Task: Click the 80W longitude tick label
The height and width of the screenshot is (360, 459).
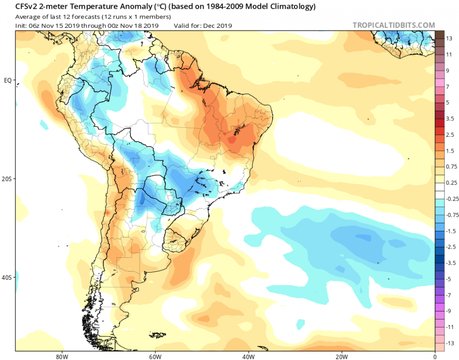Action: pos(60,357)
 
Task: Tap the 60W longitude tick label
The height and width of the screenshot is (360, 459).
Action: pos(154,357)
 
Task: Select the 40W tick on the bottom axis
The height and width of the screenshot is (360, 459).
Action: pos(247,357)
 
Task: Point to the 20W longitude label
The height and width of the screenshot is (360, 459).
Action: pos(341,357)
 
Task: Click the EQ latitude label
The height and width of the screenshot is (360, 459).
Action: pos(8,80)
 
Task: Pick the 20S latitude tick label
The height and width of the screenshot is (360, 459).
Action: pos(7,179)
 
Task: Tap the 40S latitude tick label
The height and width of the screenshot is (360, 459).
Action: pos(7,277)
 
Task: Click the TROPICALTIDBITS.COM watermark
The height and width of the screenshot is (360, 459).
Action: pos(394,25)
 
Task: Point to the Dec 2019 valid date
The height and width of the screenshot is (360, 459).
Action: pos(217,25)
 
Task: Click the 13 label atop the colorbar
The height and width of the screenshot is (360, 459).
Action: pos(449,38)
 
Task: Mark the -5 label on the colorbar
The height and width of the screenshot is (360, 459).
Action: pos(449,279)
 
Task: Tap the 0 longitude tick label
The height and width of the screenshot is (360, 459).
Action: pos(435,357)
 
